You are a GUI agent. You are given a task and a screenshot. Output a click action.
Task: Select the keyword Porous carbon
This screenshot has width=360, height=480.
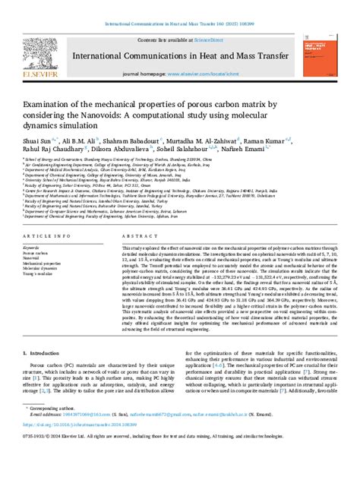(x=37, y=254)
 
